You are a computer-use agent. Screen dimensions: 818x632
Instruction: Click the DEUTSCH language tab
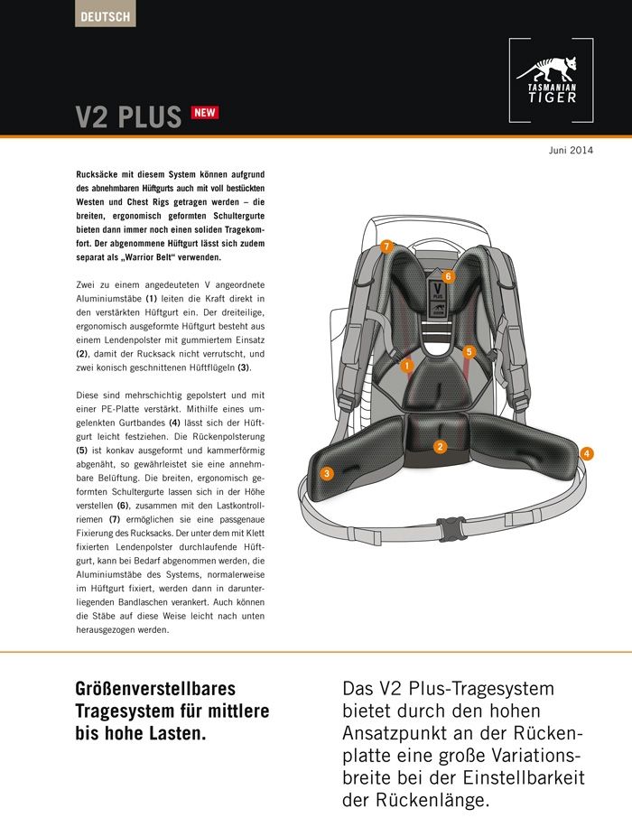pyautogui.click(x=105, y=15)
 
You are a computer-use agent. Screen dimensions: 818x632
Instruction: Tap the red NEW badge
pyautogui.click(x=204, y=113)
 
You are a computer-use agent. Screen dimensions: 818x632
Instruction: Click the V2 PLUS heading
pyautogui.click(x=128, y=118)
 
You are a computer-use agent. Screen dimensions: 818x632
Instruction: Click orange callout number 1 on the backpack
pyautogui.click(x=407, y=366)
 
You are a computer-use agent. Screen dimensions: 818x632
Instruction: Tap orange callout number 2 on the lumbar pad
pyautogui.click(x=440, y=446)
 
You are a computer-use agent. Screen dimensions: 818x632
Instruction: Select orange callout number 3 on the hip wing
pyautogui.click(x=327, y=472)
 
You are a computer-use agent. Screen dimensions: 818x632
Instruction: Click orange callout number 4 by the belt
pyautogui.click(x=587, y=453)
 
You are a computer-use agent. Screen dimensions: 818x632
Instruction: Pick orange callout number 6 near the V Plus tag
pyautogui.click(x=447, y=276)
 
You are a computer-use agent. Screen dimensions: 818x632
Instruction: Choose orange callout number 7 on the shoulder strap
pyautogui.click(x=386, y=246)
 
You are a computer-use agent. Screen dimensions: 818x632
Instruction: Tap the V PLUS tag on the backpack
pyautogui.click(x=437, y=293)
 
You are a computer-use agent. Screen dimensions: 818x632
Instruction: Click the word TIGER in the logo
pyautogui.click(x=552, y=98)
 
